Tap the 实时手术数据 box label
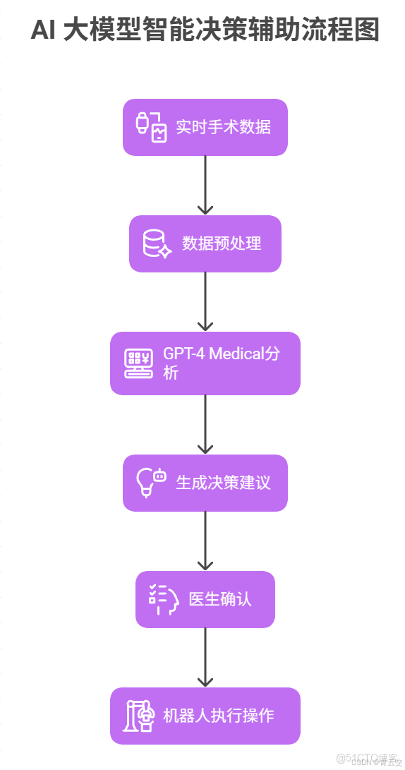[223, 127]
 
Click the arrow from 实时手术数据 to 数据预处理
[205, 184]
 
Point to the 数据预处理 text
[222, 243]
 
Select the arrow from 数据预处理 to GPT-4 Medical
[205, 301]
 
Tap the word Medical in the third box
[236, 354]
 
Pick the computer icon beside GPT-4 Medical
[138, 363]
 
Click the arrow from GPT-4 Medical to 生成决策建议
[205, 423]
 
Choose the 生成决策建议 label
[223, 483]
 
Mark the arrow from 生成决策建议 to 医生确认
[205, 540]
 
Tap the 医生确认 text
[220, 599]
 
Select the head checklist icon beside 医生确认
[163, 599]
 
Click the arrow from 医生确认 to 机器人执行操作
[205, 656]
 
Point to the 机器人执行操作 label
[219, 716]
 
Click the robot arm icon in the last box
[138, 716]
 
